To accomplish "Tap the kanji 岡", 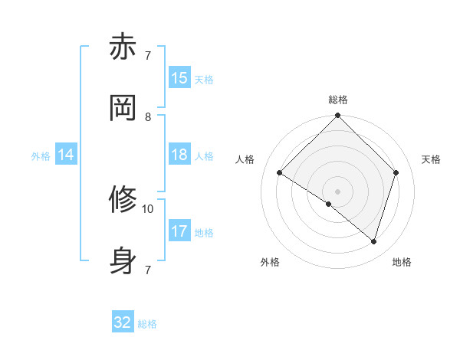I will (123, 108).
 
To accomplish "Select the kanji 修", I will (123, 200).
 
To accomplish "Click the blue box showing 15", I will (179, 78).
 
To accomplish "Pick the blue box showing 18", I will (179, 155).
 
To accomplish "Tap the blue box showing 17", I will (179, 231).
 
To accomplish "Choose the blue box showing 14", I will (66, 155).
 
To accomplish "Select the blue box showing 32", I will (123, 322).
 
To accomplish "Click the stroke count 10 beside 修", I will (148, 208).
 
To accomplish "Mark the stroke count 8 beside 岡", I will (148, 116).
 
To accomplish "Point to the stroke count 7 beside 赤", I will (148, 56).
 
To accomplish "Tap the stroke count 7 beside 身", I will (148, 270).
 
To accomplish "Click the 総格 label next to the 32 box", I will (147, 324).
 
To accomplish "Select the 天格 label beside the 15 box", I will (204, 80).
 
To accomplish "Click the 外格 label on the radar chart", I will (270, 262).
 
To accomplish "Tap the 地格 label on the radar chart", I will (402, 262).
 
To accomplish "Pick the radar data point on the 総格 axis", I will (337, 116).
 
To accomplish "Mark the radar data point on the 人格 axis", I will (280, 173).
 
